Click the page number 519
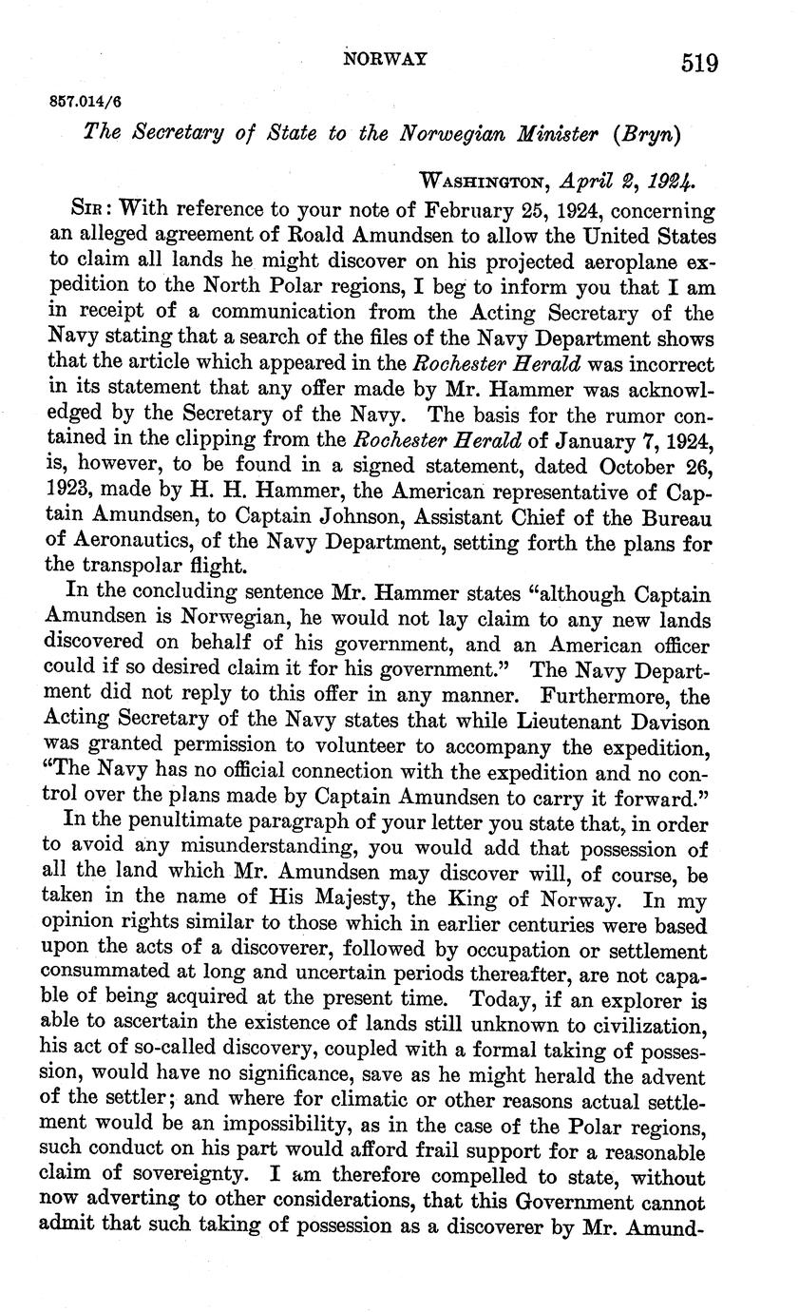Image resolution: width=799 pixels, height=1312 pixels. [x=698, y=63]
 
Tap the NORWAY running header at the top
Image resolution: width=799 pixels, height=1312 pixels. [x=385, y=58]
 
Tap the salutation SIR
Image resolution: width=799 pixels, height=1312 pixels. [x=89, y=209]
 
